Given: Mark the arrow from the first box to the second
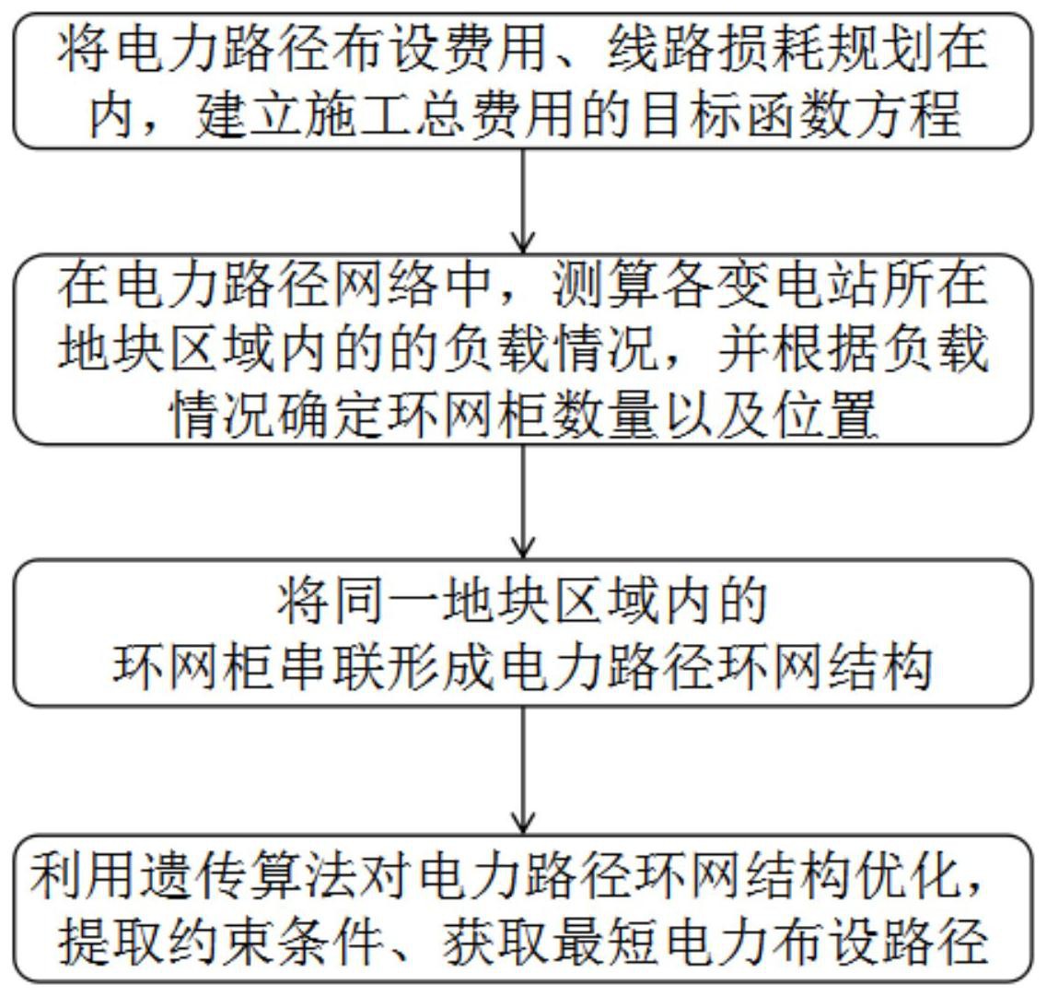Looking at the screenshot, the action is [x=523, y=201].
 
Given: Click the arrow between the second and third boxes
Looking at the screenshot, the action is [x=523, y=501].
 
